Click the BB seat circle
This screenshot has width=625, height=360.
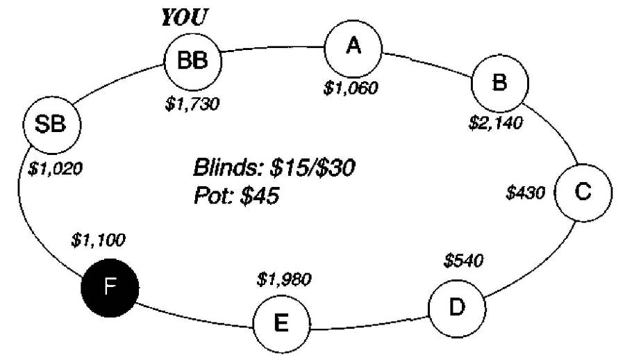tap(193, 61)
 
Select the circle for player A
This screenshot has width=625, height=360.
tap(354, 47)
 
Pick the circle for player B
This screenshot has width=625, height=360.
tap(499, 83)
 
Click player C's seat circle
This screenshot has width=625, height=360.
tap(583, 193)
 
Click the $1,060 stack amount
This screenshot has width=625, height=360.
tap(352, 88)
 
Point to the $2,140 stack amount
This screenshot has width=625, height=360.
tap(495, 124)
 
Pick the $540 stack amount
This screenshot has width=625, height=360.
tap(463, 261)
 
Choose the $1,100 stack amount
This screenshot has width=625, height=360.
tap(98, 240)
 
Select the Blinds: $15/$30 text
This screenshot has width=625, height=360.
tap(276, 169)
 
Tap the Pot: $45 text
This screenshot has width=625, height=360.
tap(236, 197)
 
